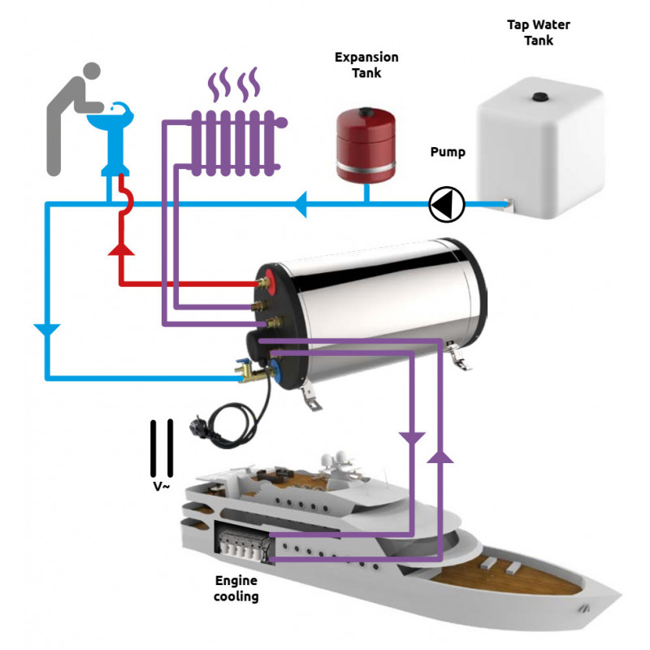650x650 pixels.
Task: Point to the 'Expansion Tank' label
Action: click(366, 65)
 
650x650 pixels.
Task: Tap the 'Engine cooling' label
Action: click(236, 589)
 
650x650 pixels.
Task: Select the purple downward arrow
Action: click(413, 439)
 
